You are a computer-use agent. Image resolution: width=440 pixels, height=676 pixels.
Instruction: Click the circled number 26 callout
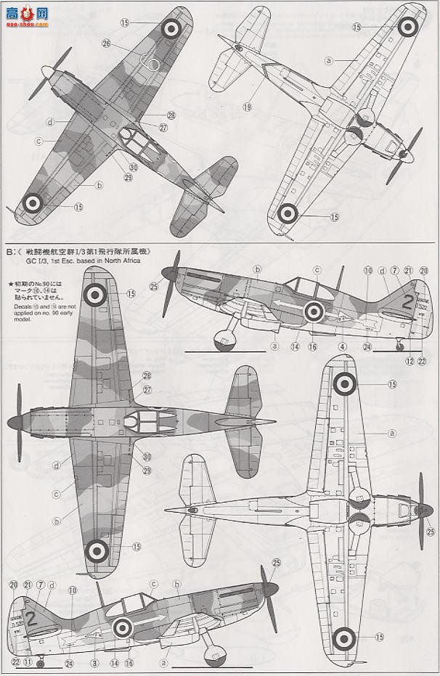point(106,44)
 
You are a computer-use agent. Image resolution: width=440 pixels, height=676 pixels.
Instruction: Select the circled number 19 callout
point(247,107)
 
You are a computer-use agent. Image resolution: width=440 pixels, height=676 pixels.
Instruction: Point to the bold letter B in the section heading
point(9,252)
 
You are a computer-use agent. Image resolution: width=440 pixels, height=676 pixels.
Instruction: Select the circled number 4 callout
point(342,347)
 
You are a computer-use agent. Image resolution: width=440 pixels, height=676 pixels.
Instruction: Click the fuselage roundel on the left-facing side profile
point(314,311)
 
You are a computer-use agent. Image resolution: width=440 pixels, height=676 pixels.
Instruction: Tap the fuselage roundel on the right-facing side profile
point(123,627)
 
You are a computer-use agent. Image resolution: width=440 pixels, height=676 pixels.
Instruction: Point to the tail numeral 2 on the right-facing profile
point(31,618)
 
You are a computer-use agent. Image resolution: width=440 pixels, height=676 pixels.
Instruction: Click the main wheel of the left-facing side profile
point(224,338)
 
